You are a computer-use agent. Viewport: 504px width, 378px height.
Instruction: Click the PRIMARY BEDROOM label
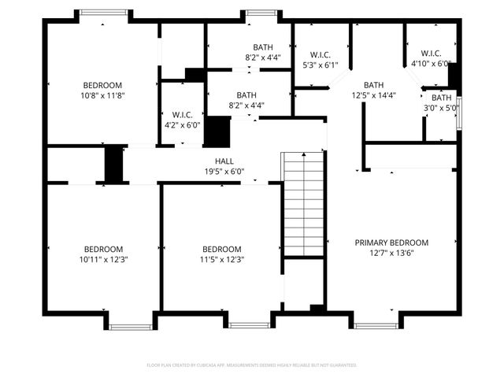[391, 243]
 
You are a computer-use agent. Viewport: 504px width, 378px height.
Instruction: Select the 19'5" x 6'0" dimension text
[225, 171]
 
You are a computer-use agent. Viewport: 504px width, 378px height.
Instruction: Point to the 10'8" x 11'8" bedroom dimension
[103, 95]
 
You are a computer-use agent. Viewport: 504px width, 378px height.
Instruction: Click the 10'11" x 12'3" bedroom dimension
[103, 259]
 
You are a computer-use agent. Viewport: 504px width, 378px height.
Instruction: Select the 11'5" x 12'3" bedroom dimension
[221, 259]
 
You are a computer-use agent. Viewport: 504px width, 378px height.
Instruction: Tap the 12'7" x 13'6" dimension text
[391, 254]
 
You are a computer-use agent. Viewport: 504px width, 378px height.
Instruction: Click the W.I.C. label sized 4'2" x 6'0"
[177, 114]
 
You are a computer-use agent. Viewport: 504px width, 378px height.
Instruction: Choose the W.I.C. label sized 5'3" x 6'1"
[320, 54]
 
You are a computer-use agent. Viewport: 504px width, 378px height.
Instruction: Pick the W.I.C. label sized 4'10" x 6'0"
[431, 54]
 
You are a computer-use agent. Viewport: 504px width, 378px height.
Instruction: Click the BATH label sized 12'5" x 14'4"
[373, 85]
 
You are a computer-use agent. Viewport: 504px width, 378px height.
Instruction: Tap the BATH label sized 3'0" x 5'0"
[441, 98]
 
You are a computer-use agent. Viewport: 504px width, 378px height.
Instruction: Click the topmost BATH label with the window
[263, 47]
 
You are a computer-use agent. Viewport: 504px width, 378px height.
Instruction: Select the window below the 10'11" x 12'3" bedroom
[130, 325]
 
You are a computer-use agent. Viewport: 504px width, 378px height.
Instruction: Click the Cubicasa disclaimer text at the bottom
[252, 365]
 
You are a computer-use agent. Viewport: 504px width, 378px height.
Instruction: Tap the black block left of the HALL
[115, 164]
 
